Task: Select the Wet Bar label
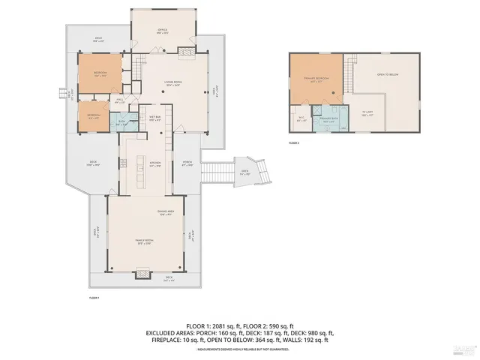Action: pos(154,119)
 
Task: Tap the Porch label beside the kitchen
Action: pos(187,164)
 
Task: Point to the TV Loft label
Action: pos(367,112)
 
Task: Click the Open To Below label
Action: pos(387,74)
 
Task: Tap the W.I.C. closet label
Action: pos(300,118)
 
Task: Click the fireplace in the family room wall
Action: pos(142,274)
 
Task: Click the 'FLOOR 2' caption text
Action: pos(295,142)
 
